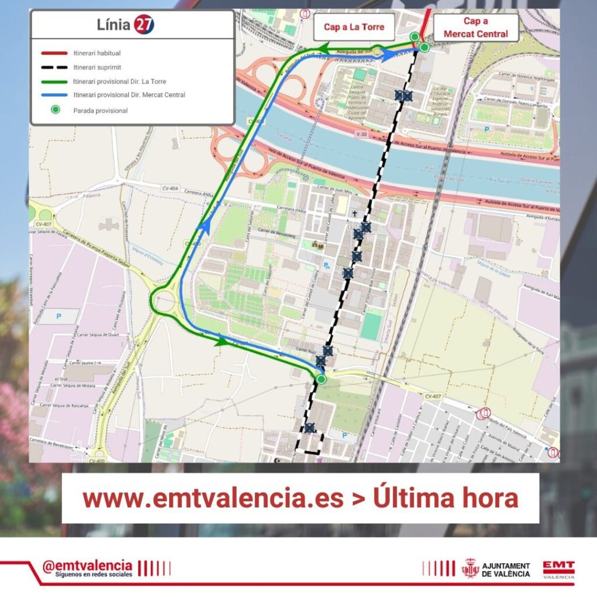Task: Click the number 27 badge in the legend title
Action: click(x=143, y=24)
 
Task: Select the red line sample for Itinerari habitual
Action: click(x=54, y=53)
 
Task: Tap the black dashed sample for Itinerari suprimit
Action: click(x=54, y=67)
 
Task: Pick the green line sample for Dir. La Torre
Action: click(x=54, y=81)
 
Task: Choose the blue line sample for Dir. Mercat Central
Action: click(x=54, y=95)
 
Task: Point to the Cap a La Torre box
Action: click(x=354, y=27)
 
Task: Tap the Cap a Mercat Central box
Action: click(x=476, y=27)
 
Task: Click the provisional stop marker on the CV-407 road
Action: click(x=321, y=380)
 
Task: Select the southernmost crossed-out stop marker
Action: click(x=310, y=428)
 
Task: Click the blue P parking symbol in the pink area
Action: click(x=58, y=316)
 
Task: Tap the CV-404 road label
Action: click(x=170, y=188)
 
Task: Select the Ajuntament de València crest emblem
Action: click(x=470, y=568)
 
